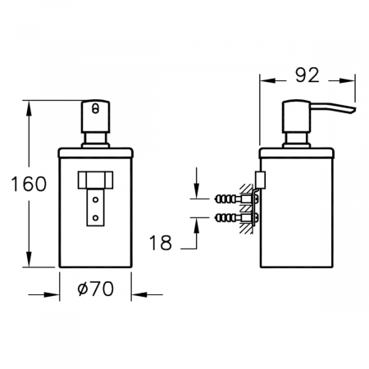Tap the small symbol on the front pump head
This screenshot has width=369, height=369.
point(94,107)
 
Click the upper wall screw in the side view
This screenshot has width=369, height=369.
point(225,199)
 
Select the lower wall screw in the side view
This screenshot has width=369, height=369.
point(225,219)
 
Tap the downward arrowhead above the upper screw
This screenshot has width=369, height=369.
point(197,194)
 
